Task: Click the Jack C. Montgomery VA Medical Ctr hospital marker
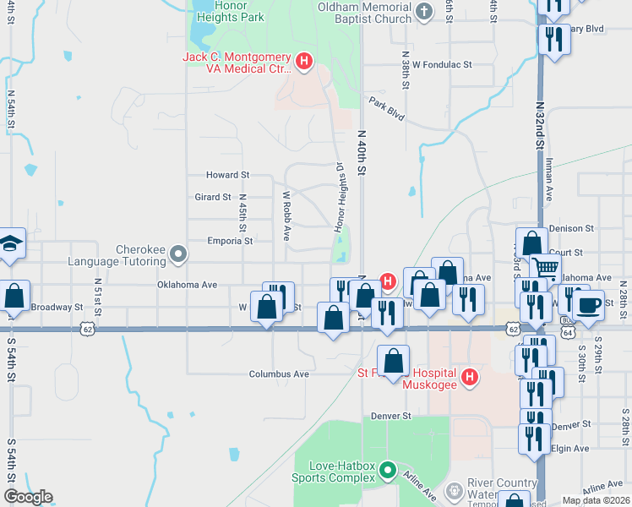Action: pyautogui.click(x=305, y=62)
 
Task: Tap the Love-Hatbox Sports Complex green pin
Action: pyautogui.click(x=388, y=469)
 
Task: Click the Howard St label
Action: pyautogui.click(x=228, y=175)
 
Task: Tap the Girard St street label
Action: pyautogui.click(x=213, y=197)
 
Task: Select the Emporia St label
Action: pyautogui.click(x=231, y=241)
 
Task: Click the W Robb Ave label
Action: pyautogui.click(x=287, y=214)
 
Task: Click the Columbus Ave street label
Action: pyautogui.click(x=279, y=373)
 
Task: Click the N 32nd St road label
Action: pyautogui.click(x=539, y=128)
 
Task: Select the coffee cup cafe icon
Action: pyautogui.click(x=588, y=304)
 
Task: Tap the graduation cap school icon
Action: pyautogui.click(x=9, y=243)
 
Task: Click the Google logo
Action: pyautogui.click(x=28, y=497)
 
